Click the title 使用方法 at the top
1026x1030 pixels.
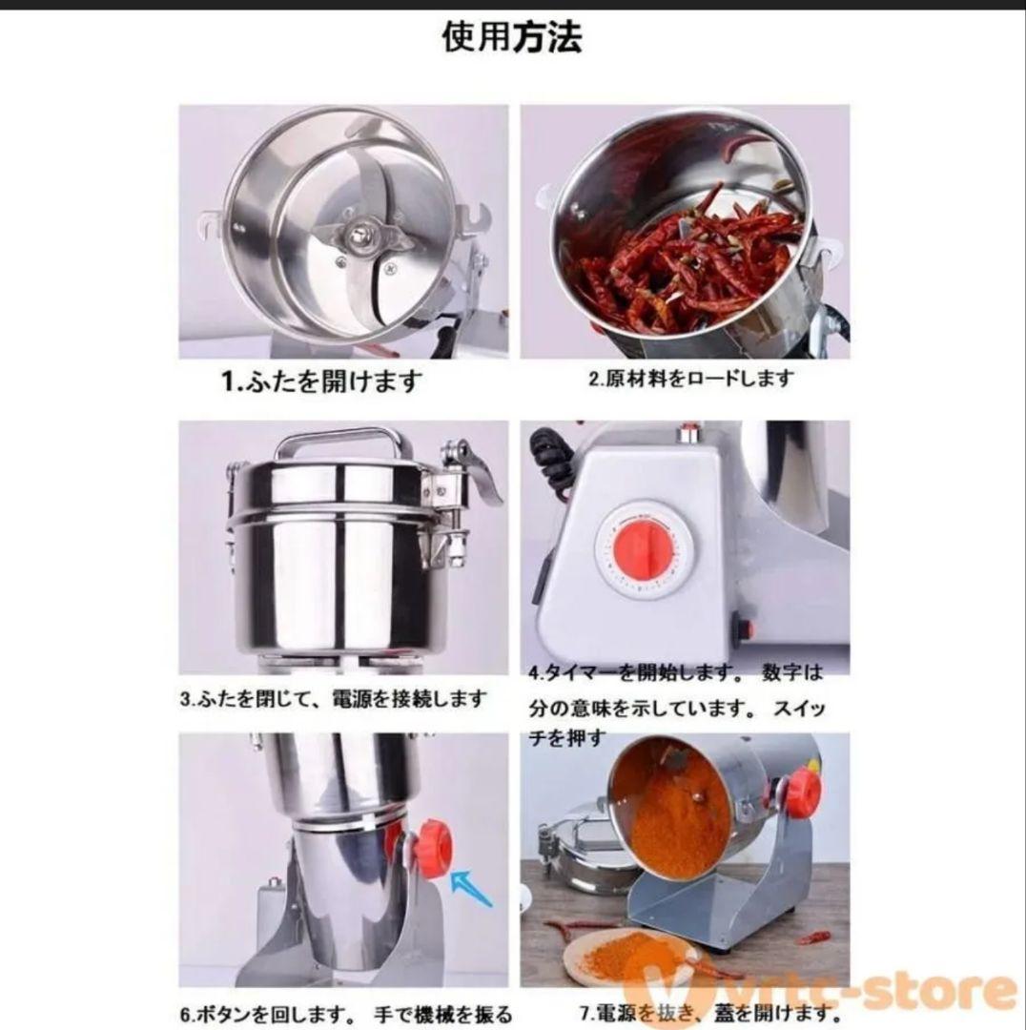[512, 37]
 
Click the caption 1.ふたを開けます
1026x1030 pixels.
[322, 382]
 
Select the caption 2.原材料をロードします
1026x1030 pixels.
[690, 379]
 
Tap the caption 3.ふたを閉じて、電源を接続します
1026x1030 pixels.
[334, 699]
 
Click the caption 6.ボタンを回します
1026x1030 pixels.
[345, 1014]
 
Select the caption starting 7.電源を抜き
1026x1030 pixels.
[710, 1014]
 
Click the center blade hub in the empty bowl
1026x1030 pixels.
[361, 234]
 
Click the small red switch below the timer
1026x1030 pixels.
[744, 628]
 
